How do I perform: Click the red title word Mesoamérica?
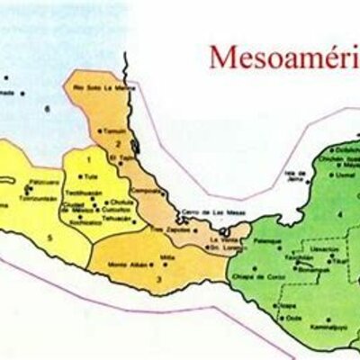283,57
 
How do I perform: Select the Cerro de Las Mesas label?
202,212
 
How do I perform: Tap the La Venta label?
220,238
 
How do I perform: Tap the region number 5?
51,237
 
